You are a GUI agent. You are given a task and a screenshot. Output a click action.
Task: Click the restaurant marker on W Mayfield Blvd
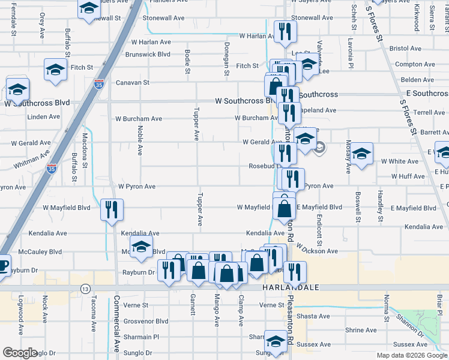(112, 209)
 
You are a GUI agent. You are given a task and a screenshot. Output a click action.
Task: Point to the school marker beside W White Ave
(361, 154)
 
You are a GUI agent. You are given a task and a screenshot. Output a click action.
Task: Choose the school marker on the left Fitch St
(55, 70)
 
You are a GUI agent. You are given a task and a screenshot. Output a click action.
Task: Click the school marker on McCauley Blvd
(141, 246)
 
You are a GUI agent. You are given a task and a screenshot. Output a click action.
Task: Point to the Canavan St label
(132, 82)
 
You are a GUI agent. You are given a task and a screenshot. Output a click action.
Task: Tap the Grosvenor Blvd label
(145, 321)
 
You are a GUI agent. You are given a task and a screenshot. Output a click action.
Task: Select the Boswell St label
(358, 208)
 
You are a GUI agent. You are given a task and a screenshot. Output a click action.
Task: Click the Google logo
(20, 353)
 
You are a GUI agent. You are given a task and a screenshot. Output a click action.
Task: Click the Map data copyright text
(411, 355)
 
